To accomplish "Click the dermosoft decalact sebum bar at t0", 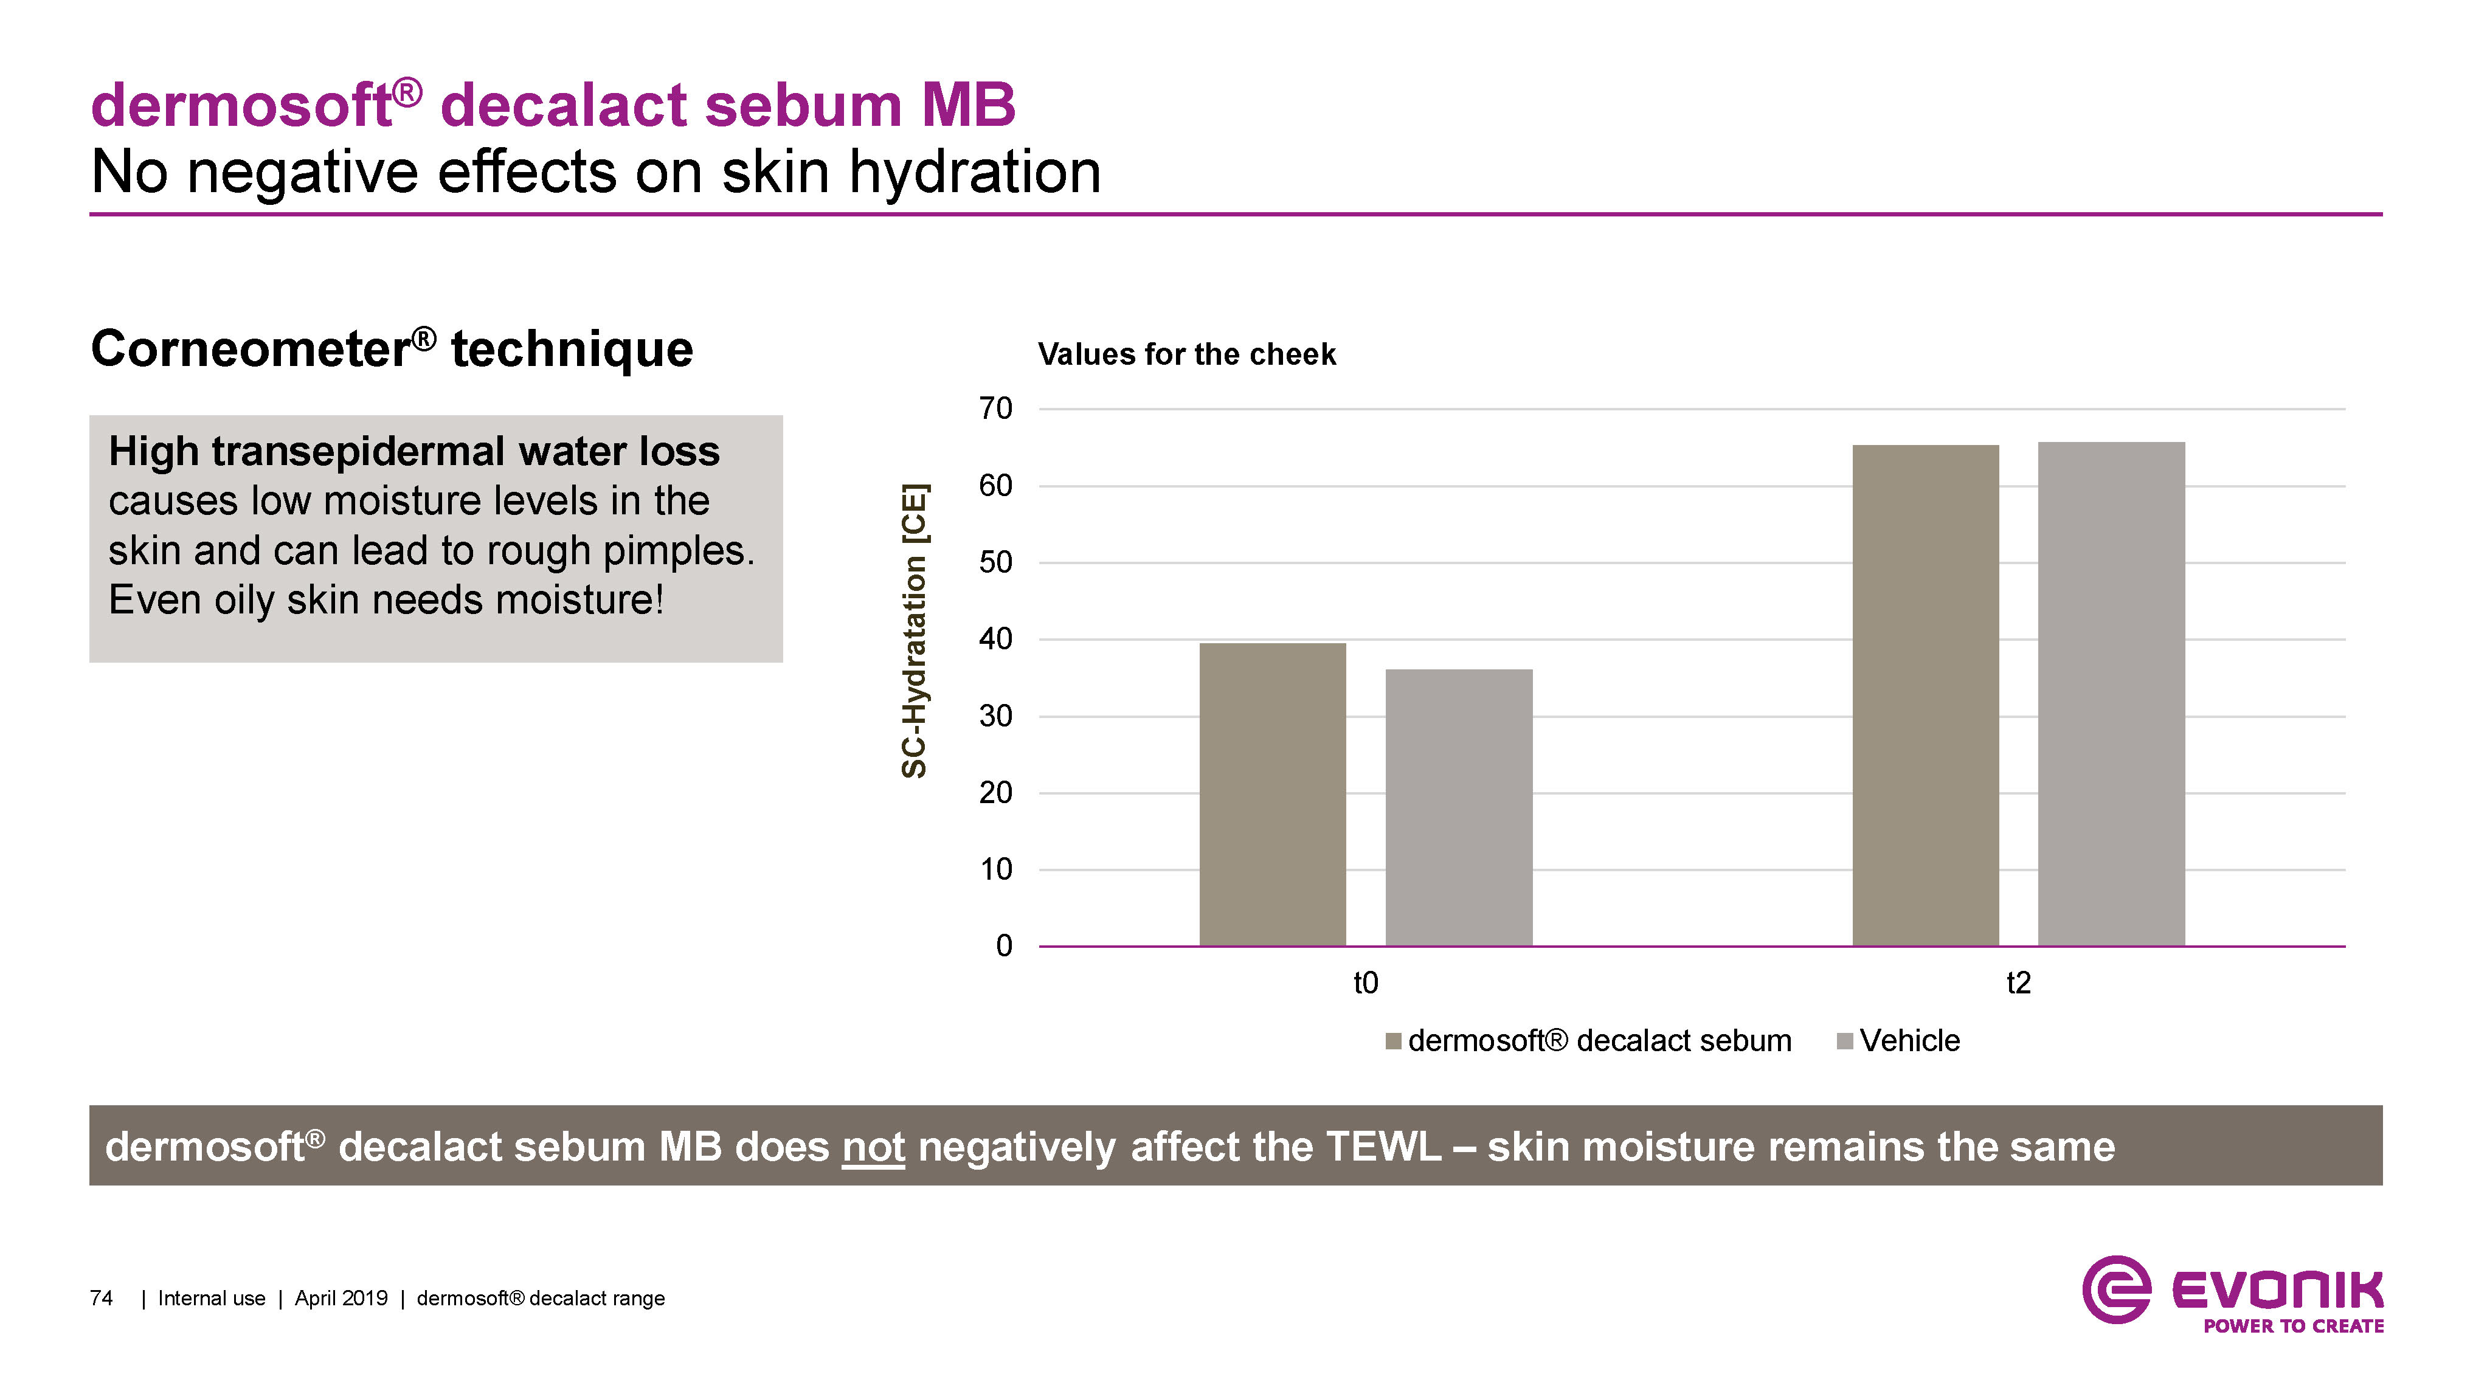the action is [x=1272, y=794].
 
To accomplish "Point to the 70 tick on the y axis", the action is [x=995, y=409].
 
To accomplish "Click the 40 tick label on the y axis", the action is [x=995, y=640].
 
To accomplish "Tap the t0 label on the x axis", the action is [x=1365, y=983].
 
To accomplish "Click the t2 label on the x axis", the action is [x=2018, y=983].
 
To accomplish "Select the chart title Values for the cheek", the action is [x=1186, y=354].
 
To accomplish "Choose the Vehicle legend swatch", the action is [x=1844, y=1041].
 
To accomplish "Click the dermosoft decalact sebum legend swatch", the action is [x=1394, y=1041].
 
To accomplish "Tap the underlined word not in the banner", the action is [x=874, y=1147].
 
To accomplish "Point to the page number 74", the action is [x=101, y=1299].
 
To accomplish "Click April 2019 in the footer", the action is [x=341, y=1299].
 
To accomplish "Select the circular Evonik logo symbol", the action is [x=2117, y=1289].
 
